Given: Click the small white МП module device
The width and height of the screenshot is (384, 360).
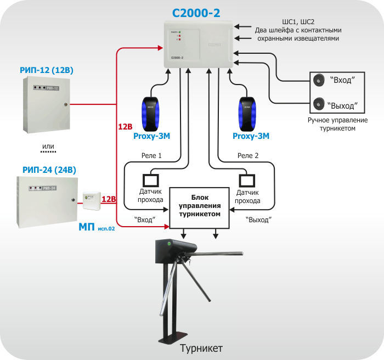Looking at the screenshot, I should tap(91, 201).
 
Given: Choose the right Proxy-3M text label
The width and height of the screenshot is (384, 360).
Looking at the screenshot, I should tap(251, 136).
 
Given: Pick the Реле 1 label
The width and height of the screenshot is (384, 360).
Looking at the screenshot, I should tap(152, 156).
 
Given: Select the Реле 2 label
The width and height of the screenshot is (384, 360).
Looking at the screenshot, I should tap(248, 156).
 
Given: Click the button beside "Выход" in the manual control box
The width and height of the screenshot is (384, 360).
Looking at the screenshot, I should tap(318, 103).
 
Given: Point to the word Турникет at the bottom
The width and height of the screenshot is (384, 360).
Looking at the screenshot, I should tap(201, 348).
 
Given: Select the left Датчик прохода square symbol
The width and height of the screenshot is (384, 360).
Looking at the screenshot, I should tap(150, 180).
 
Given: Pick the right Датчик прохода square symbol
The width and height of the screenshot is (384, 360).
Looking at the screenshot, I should tap(247, 180).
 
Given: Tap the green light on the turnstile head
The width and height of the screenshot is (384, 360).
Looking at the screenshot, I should tap(170, 243).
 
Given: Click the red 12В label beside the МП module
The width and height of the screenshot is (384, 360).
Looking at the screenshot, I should tap(109, 199).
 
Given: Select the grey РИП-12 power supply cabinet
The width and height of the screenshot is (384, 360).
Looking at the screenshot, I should tap(46, 104).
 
